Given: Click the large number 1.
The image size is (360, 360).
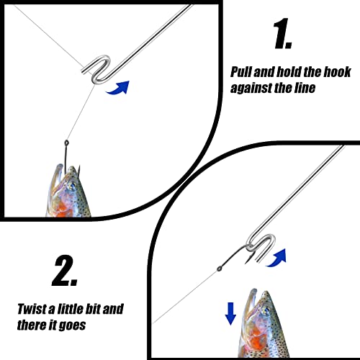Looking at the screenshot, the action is [282, 34].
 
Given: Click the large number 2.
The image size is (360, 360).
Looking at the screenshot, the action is [64, 271].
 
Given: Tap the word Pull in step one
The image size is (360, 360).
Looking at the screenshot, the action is [240, 72].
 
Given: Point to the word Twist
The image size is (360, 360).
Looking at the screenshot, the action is [32, 309].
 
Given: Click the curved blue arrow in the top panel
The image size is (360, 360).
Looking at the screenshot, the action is [118, 88].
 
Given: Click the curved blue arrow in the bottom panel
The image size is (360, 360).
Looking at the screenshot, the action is [276, 258].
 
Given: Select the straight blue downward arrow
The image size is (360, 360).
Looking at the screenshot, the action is [230, 314].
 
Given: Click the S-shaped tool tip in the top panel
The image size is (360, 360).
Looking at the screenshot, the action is [96, 69].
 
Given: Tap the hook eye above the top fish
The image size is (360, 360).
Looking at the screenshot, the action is [66, 143].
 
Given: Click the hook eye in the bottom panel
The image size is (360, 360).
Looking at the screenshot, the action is [219, 269].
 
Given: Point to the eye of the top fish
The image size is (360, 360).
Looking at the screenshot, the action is [71, 186].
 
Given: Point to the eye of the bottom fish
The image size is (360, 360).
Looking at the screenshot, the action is [266, 311].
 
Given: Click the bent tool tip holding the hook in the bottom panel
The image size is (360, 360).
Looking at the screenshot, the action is [261, 246].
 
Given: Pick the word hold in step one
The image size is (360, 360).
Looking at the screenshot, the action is [289, 72].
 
